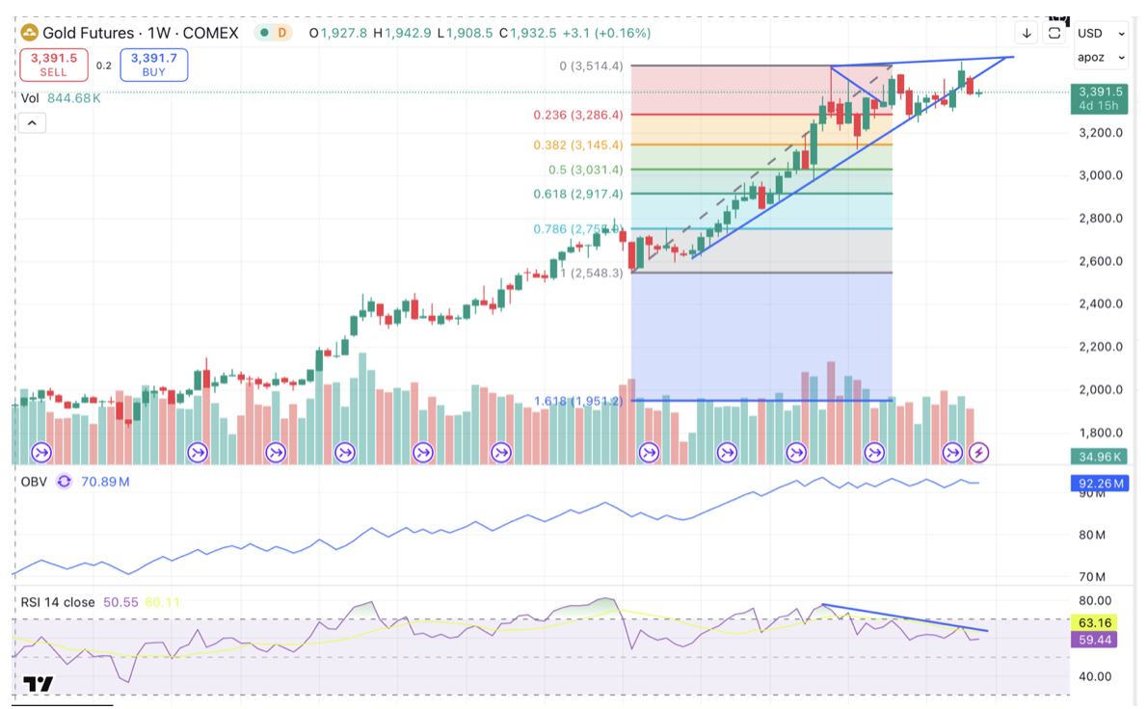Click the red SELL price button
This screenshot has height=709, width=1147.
click(54, 65)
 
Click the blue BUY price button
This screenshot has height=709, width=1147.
click(154, 65)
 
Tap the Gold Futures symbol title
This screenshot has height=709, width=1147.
click(88, 33)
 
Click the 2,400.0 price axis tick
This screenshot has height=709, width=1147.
click(1100, 304)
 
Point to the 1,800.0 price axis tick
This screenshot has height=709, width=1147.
click(1100, 433)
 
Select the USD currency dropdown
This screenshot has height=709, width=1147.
click(1101, 33)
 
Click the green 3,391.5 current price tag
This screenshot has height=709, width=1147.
click(1099, 98)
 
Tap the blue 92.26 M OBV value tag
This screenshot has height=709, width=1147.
click(1099, 484)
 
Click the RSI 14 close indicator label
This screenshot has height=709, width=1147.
click(58, 602)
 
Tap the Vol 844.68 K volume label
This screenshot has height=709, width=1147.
click(61, 97)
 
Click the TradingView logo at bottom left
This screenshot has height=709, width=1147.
click(39, 684)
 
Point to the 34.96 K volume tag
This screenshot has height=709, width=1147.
click(1099, 457)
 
